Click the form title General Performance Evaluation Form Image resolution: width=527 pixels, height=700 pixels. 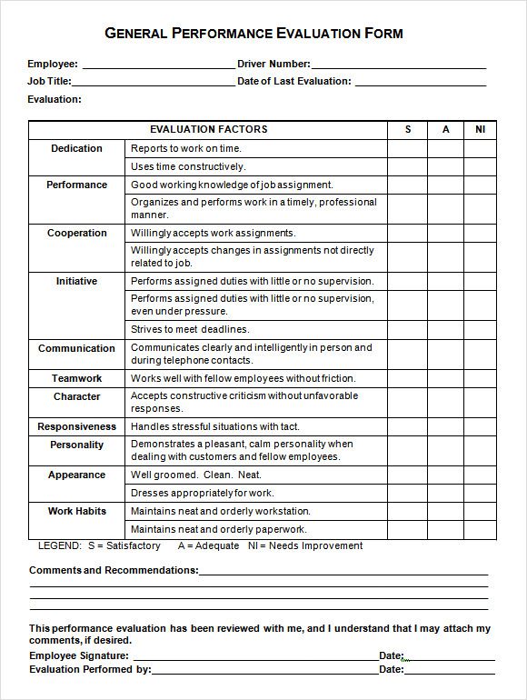(254, 34)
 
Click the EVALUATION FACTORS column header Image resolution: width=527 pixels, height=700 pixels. (208, 129)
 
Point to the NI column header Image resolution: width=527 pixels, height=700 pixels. (480, 129)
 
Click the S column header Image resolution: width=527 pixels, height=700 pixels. (408, 129)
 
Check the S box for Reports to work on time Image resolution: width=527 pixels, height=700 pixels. (408, 148)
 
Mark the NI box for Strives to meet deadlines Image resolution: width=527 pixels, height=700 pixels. (480, 329)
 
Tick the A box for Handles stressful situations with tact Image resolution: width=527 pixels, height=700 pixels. (445, 426)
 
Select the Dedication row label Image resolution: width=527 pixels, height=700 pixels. (76, 148)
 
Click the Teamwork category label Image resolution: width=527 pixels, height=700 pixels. (76, 378)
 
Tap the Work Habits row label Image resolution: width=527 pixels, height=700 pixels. (76, 511)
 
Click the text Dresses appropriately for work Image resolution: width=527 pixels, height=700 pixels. (202, 493)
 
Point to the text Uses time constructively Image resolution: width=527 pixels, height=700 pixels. (188, 166)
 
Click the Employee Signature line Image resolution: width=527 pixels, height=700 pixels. (254, 655)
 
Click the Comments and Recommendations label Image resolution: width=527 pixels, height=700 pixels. (114, 570)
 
